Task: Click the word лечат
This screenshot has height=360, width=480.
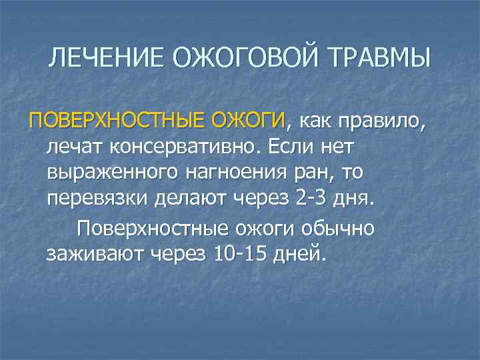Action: click(x=73, y=147)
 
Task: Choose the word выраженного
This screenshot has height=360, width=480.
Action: click(x=112, y=173)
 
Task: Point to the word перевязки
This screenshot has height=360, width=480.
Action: click(x=97, y=199)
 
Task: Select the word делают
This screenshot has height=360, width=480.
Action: click(x=199, y=199)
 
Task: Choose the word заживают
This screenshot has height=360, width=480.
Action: click(x=96, y=254)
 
